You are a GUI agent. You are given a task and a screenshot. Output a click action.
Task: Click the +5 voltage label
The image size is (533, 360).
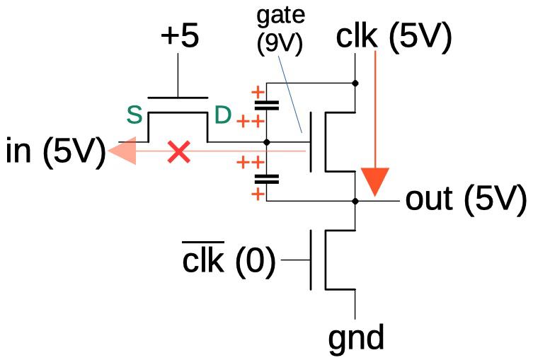[180, 36]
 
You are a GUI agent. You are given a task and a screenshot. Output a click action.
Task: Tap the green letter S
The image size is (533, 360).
[134, 115]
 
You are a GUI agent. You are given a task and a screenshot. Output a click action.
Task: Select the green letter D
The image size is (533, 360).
[223, 115]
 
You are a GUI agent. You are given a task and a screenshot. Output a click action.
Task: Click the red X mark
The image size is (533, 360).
[179, 152]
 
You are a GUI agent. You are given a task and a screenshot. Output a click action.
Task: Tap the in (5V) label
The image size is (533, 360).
[56, 152]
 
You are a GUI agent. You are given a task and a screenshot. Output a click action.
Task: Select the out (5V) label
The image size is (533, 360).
[466, 200]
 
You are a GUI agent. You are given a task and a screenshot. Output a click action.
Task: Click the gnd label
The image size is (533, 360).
[356, 338]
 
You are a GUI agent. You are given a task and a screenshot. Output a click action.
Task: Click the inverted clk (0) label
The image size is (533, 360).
[229, 260]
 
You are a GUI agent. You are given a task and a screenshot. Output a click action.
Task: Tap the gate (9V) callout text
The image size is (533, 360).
[280, 30]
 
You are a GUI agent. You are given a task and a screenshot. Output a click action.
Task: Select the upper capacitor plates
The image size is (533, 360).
[267, 105]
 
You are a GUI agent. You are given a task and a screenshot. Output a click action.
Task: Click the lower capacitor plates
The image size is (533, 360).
[267, 179]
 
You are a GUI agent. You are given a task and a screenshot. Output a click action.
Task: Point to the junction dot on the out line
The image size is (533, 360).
[355, 201]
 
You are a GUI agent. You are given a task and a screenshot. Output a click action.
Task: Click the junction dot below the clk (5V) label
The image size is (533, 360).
[355, 83]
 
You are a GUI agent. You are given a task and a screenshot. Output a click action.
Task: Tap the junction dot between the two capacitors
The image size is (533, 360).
[267, 142]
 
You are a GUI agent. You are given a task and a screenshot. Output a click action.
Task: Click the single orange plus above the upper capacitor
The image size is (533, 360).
[258, 92]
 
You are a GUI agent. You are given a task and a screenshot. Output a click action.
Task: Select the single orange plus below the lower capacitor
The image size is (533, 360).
[258, 194]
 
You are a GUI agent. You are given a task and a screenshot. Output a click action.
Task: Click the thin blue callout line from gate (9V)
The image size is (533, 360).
[290, 94]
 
